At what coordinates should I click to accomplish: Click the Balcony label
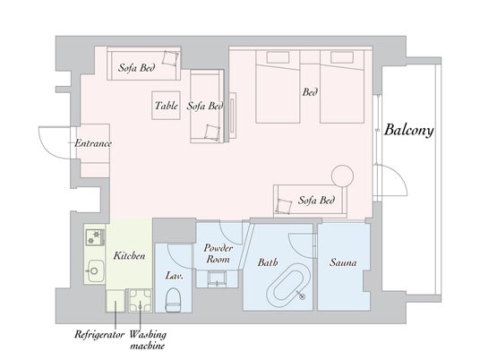pyautogui.click(x=409, y=130)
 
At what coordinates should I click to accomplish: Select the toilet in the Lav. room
pyautogui.click(x=172, y=300)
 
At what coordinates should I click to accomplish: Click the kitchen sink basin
pyautogui.click(x=95, y=270)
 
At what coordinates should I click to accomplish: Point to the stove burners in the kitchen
pyautogui.click(x=95, y=237)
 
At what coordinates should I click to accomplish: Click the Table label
pyautogui.click(x=167, y=106)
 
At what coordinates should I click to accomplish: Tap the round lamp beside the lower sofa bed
pyautogui.click(x=343, y=176)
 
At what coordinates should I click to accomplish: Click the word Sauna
pyautogui.click(x=343, y=262)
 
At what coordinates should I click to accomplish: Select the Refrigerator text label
pyautogui.click(x=99, y=334)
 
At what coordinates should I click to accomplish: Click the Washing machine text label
pyautogui.click(x=148, y=339)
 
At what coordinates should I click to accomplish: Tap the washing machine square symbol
pyautogui.click(x=141, y=300)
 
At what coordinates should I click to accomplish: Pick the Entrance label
pyautogui.click(x=93, y=143)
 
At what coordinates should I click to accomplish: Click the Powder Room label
pyautogui.click(x=218, y=253)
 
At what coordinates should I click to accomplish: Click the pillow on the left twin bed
pyautogui.click(x=278, y=57)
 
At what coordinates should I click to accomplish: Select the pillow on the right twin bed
pyautogui.click(x=342, y=57)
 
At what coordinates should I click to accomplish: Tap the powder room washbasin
pyautogui.click(x=217, y=279)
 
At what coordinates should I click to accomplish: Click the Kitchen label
pyautogui.click(x=129, y=255)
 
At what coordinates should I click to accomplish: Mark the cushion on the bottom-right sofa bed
pyautogui.click(x=284, y=206)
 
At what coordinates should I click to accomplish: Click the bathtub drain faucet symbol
pyautogui.click(x=302, y=296)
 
